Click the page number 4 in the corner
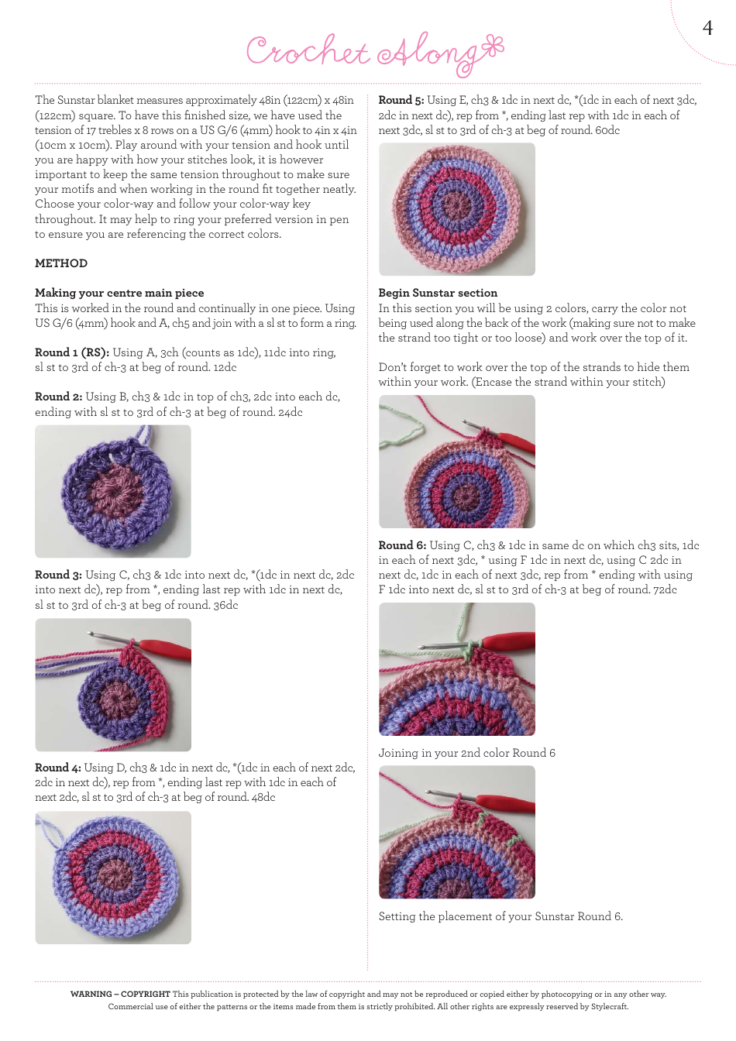click(707, 29)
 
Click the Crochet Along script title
click(374, 53)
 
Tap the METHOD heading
click(61, 263)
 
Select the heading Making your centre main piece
click(119, 293)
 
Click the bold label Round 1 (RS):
click(72, 352)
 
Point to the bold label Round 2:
click(59, 397)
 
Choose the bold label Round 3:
click(58, 575)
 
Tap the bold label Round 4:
click(58, 768)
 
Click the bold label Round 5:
click(401, 100)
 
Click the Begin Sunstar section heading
click(438, 293)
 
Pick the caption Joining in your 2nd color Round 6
click(466, 753)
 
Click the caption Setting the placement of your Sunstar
click(500, 916)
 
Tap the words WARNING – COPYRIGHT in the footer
click(120, 994)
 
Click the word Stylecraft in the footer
click(609, 1006)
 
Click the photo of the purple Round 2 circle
click(113, 492)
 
